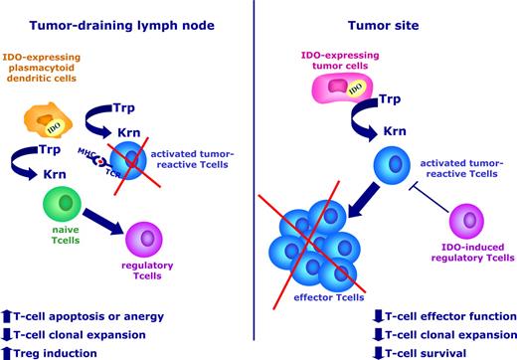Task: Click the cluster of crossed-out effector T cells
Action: tap(317, 241)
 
